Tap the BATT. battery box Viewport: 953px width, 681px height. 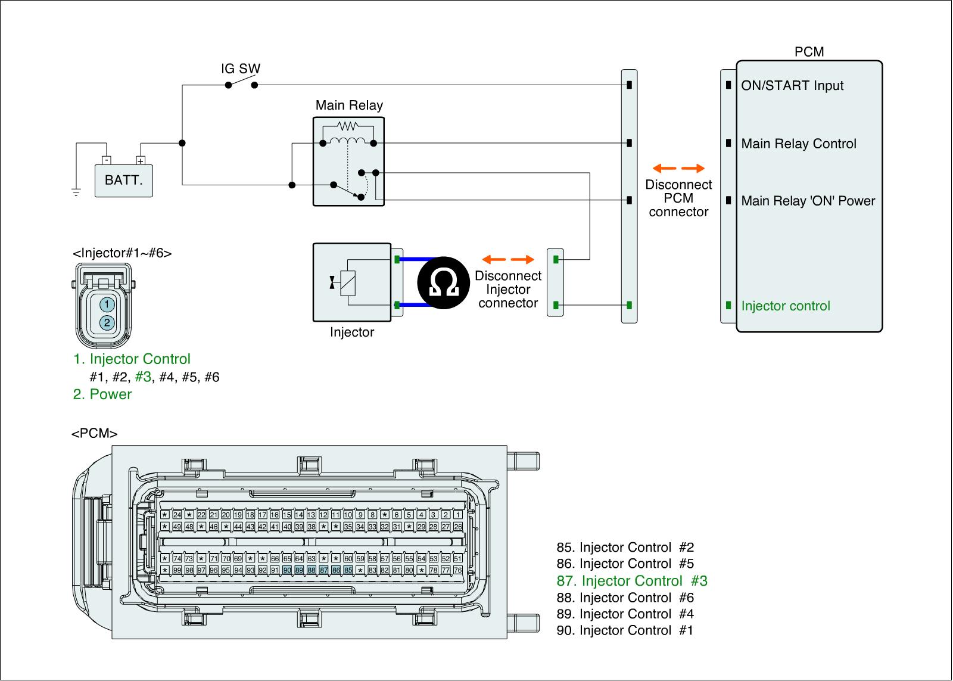click(x=124, y=180)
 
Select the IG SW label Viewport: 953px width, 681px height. click(x=241, y=69)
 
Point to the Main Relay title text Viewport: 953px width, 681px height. click(x=349, y=105)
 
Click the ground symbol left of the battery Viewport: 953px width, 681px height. click(x=76, y=192)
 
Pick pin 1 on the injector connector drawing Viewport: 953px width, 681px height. click(x=107, y=304)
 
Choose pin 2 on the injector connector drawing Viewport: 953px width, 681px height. click(x=107, y=322)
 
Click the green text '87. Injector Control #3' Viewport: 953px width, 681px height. click(x=632, y=581)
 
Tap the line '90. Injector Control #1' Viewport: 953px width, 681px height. click(x=625, y=630)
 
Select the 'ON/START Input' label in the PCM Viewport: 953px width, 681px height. click(x=792, y=86)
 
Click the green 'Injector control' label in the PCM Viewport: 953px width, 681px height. click(x=786, y=306)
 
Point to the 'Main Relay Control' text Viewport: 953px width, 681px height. click(x=799, y=144)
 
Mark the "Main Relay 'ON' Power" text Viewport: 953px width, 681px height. click(x=808, y=201)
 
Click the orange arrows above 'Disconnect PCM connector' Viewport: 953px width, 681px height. click(x=678, y=168)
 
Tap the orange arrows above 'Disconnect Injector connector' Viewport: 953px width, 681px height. click(x=508, y=259)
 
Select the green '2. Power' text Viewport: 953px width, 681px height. click(x=102, y=394)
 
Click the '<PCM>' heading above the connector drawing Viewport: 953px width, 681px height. click(x=94, y=434)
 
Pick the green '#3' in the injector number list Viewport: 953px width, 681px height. click(x=144, y=377)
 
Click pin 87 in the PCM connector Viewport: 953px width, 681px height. click(x=323, y=570)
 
